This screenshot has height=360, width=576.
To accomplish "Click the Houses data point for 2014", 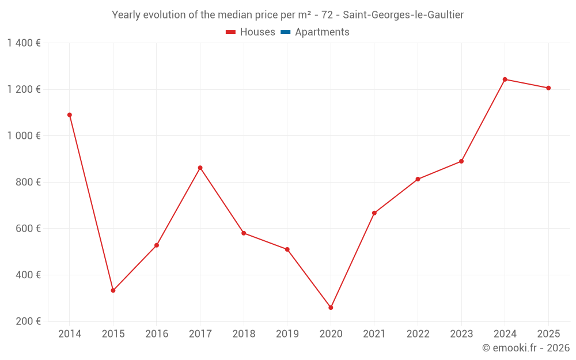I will [70, 115].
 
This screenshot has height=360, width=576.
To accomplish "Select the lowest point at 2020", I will [331, 308].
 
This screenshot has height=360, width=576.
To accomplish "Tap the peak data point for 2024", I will [505, 79].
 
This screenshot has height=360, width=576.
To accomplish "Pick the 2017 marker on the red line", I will [200, 168].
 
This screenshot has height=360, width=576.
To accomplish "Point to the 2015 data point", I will [113, 290].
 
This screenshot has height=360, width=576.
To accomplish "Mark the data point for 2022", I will [418, 179].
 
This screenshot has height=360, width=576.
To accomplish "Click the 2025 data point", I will [548, 88].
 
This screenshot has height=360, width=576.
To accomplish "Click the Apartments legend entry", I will [322, 32].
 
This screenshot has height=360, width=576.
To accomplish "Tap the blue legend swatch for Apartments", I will [285, 32].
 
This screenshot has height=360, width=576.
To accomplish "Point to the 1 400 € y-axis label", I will [24, 43].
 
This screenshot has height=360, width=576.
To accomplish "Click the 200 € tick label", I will [27, 321].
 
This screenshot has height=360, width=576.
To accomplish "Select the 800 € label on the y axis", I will [27, 182].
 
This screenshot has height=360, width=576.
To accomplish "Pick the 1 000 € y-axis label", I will [24, 136].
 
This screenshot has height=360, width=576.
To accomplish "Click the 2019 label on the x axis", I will [287, 334].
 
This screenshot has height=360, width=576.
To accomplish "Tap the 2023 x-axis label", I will [461, 334].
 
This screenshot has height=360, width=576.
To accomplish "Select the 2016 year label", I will [157, 334].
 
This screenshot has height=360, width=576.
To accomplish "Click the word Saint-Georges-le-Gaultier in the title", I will [403, 15].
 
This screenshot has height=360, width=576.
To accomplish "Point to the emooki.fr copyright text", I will [526, 348].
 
